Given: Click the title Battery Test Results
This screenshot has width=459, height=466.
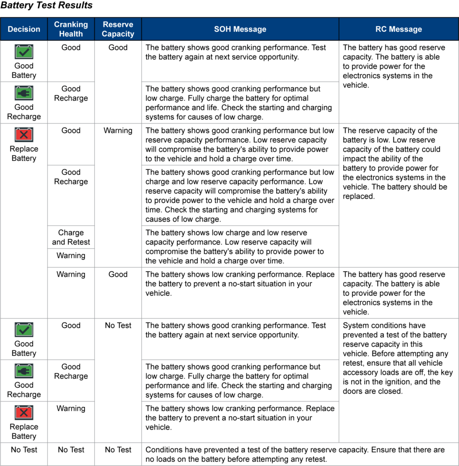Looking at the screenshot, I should click(46, 6).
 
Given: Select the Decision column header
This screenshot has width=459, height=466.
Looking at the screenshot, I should click(24, 29).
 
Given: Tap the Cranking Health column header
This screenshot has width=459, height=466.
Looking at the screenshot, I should click(71, 29).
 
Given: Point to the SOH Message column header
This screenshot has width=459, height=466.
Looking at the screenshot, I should click(240, 29).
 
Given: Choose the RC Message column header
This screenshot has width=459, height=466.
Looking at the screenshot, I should click(398, 29).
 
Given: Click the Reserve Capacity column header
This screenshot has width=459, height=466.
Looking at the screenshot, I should click(118, 29).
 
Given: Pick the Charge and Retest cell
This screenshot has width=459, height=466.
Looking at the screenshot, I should click(71, 237).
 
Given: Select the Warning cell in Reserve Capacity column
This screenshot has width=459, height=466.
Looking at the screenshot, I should click(118, 131).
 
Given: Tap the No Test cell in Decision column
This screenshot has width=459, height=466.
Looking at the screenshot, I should click(24, 450).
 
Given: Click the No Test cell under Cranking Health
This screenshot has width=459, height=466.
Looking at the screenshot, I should click(71, 450).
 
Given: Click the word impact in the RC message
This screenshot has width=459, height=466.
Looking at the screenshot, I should click(355, 159).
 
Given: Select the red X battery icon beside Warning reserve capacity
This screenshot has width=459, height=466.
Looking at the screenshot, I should click(24, 135).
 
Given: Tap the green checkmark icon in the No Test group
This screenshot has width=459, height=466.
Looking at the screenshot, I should click(24, 330).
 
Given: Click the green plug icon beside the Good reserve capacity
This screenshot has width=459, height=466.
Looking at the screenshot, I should click(24, 93).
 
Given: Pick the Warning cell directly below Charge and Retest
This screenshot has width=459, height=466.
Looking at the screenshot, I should click(71, 256).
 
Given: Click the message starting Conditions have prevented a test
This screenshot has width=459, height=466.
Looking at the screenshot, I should click(295, 454).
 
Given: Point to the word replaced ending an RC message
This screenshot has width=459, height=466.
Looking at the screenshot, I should click(359, 197).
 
